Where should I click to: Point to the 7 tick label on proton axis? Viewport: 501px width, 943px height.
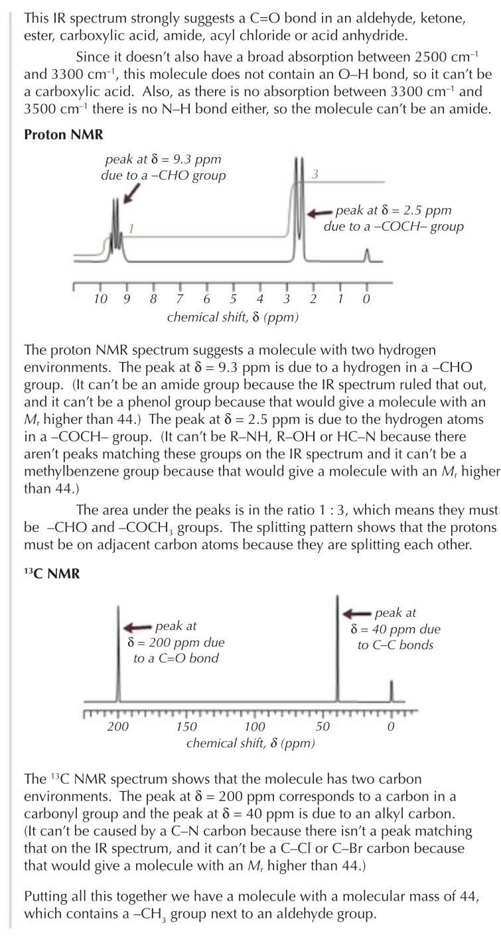[180, 299]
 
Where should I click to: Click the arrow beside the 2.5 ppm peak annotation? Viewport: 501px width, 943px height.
[321, 213]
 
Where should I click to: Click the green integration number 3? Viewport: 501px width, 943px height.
[316, 174]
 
